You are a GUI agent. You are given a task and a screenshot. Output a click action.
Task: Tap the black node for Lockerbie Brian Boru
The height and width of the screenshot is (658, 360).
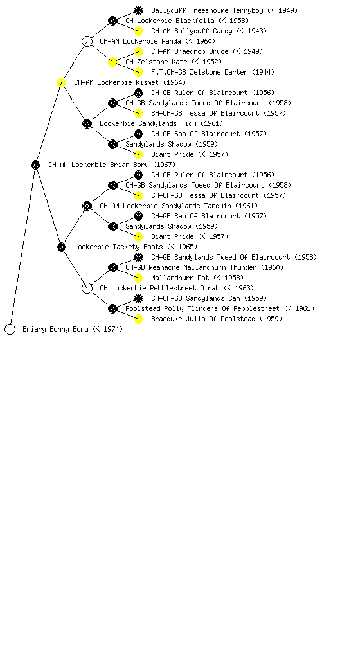[x=35, y=164]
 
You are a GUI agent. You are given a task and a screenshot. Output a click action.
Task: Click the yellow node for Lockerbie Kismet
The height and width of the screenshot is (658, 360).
[x=61, y=82]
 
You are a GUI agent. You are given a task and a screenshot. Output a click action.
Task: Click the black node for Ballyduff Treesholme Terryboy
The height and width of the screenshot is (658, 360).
[x=138, y=10]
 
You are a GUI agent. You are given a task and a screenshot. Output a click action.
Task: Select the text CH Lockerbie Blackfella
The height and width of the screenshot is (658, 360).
[x=170, y=21]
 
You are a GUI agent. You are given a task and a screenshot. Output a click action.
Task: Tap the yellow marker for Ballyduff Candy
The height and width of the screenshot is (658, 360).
[x=138, y=31]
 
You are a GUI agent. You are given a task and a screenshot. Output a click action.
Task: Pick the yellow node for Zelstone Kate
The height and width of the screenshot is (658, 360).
[x=113, y=62]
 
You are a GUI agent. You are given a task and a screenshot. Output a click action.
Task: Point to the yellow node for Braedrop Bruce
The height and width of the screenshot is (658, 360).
[x=138, y=51]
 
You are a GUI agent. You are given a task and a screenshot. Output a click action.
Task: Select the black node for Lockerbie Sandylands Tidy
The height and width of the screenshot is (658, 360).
[x=87, y=123]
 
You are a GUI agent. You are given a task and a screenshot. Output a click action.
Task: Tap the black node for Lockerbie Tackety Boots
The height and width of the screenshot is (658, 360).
[x=61, y=247]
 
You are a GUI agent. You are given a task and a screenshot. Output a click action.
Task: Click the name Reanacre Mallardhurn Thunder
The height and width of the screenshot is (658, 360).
[x=203, y=267]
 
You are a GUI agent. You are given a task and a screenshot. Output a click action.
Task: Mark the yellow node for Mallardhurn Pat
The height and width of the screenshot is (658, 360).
[x=138, y=278]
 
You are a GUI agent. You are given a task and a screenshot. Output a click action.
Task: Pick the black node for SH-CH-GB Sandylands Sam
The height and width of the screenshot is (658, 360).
[x=138, y=298]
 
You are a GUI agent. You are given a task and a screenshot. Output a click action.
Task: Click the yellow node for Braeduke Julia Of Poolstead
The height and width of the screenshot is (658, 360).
[x=138, y=319]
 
